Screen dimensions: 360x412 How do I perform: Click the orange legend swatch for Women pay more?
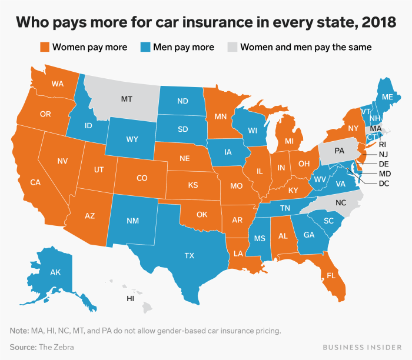44,46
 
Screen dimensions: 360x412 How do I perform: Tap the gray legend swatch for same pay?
232,46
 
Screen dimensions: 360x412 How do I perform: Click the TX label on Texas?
189,255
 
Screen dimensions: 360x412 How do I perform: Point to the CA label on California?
35,182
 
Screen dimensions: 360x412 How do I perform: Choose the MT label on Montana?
127,99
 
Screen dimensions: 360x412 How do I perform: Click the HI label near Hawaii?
130,299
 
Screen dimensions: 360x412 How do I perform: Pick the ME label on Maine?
388,97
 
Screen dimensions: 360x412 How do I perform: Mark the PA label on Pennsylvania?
340,151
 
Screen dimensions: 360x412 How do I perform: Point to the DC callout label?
384,184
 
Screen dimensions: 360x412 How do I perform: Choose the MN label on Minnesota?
221,116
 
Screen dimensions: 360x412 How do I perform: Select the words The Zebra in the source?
58,347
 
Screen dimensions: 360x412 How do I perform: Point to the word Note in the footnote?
20,331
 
